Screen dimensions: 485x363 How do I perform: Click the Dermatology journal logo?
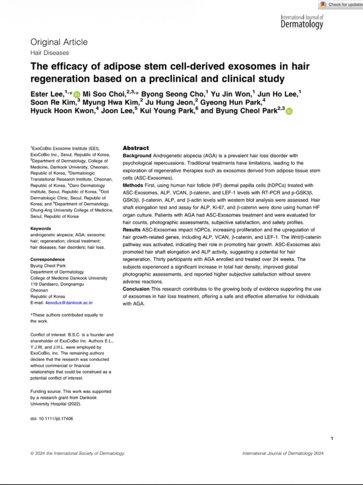click(302, 22)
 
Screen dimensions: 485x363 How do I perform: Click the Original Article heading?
click(59, 42)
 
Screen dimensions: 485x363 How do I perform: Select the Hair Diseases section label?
click(50, 53)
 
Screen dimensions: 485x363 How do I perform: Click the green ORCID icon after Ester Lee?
click(77, 95)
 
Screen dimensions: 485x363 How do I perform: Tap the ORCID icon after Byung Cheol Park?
click(289, 111)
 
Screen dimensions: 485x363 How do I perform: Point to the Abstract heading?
click(136, 148)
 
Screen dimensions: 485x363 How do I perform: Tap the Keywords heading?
click(41, 228)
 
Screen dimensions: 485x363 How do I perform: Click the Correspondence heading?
click(48, 260)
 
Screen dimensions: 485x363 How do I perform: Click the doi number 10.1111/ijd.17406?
click(56, 419)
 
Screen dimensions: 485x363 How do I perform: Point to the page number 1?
click(332, 439)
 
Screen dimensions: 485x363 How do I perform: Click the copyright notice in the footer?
click(78, 453)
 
